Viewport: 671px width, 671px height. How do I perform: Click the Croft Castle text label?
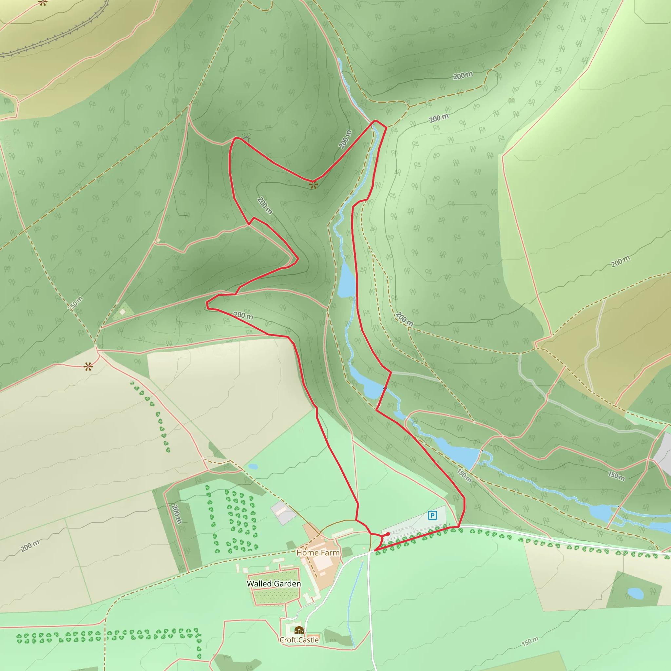pyautogui.click(x=299, y=640)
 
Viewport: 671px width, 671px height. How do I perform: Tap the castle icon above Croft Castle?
pyautogui.click(x=299, y=630)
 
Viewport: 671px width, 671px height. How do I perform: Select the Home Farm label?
pyautogui.click(x=318, y=553)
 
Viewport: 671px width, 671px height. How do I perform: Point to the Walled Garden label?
pyautogui.click(x=274, y=584)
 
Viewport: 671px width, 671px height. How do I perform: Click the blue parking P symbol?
pyautogui.click(x=432, y=515)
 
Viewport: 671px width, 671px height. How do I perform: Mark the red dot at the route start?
pyautogui.click(x=388, y=534)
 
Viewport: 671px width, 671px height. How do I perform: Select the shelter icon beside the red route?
pyautogui.click(x=246, y=139)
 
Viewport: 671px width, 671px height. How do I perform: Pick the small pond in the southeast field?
pyautogui.click(x=635, y=593)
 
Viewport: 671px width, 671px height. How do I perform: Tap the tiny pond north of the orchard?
pyautogui.click(x=253, y=467)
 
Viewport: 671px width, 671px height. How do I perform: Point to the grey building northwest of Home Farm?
pyautogui.click(x=283, y=513)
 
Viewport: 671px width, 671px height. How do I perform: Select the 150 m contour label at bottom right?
pyautogui.click(x=530, y=642)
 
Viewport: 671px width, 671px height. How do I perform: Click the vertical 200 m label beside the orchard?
pyautogui.click(x=177, y=514)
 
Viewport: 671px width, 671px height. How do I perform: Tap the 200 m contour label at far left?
pyautogui.click(x=30, y=546)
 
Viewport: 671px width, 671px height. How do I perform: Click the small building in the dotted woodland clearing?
pyautogui.click(x=122, y=312)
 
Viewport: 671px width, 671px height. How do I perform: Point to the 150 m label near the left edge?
pyautogui.click(x=75, y=304)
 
